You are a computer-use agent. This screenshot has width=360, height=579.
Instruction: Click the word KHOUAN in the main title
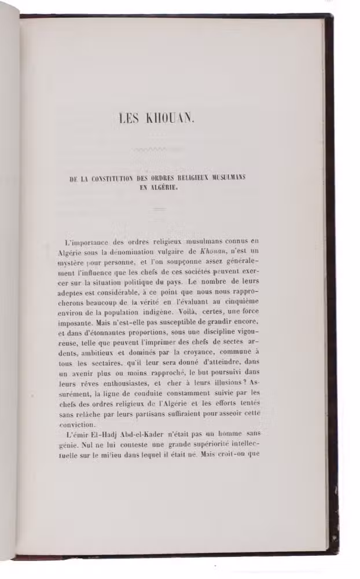coord(174,119)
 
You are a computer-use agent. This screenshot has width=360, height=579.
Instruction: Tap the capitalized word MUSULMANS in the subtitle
coord(227,178)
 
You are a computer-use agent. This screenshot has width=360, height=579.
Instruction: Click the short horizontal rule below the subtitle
coord(160,208)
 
